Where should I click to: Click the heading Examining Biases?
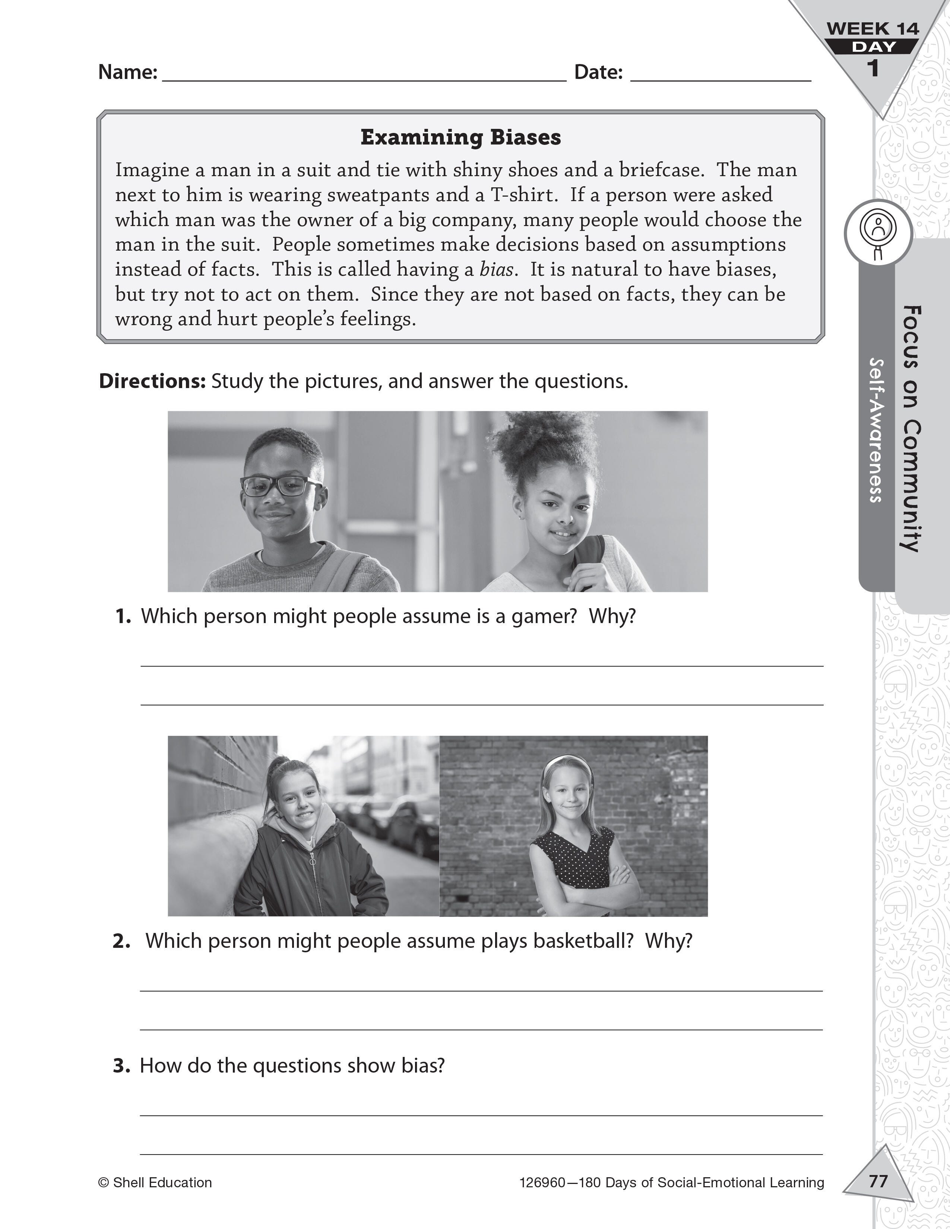pyautogui.click(x=460, y=137)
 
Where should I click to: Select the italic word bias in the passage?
pyautogui.click(x=496, y=270)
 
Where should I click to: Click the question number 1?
pyautogui.click(x=123, y=616)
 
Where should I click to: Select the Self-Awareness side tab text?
pyautogui.click(x=876, y=431)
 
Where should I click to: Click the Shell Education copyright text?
pyautogui.click(x=155, y=1183)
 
